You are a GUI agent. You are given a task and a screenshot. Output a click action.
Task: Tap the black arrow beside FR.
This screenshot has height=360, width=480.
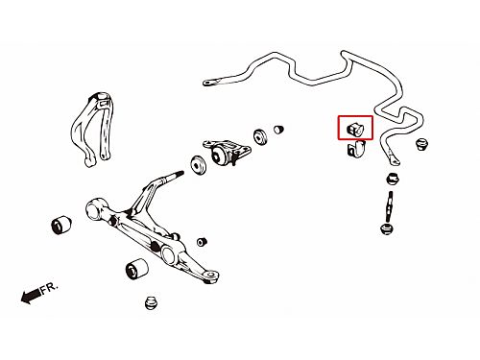coord(31,297)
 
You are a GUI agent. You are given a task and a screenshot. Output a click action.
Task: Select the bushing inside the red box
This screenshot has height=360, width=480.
coord(355,128)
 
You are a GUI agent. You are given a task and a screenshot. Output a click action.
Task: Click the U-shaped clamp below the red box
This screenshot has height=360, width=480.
coord(356,149)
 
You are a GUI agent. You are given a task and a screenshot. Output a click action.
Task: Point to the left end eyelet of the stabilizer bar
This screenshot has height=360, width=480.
coord(208,83)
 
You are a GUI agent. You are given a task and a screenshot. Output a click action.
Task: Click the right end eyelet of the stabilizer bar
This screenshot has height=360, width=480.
coord(394,160)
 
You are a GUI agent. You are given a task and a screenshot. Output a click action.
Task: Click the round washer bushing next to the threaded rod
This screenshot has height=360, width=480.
coord(199,165)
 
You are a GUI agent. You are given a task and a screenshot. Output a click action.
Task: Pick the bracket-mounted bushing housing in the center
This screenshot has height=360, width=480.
coord(227,153)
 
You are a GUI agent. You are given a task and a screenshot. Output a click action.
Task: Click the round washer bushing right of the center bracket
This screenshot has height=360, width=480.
coord(260,137)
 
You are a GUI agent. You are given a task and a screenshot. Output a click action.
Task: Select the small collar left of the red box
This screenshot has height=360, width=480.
coord(278,129)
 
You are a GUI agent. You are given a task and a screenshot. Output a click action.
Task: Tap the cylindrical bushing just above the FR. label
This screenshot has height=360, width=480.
coord(61,225)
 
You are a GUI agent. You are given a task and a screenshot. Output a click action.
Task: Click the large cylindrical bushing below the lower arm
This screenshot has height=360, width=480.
coord(136,269)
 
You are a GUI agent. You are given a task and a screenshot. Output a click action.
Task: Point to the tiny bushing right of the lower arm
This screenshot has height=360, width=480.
coord(202,242)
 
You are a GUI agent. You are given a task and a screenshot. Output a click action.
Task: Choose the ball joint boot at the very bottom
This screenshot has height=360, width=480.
coord(152,302)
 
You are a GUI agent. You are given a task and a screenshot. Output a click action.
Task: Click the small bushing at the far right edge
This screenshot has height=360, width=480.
coord(422,144)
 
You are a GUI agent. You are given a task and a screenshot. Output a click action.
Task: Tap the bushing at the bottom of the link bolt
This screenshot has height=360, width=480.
coord(387,229)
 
